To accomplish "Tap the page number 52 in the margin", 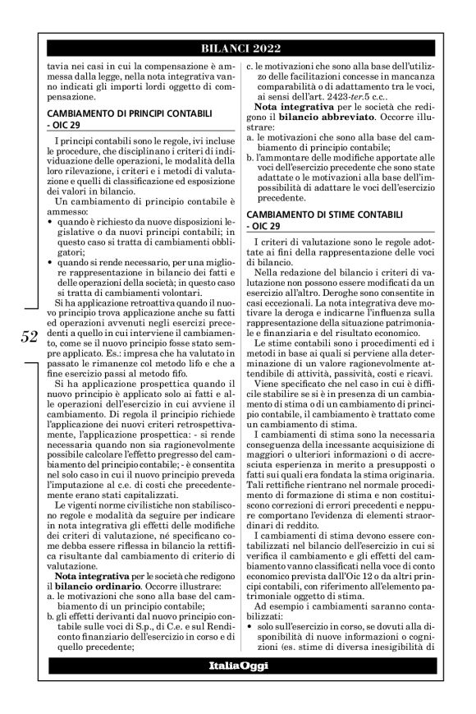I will pos(30,334).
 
